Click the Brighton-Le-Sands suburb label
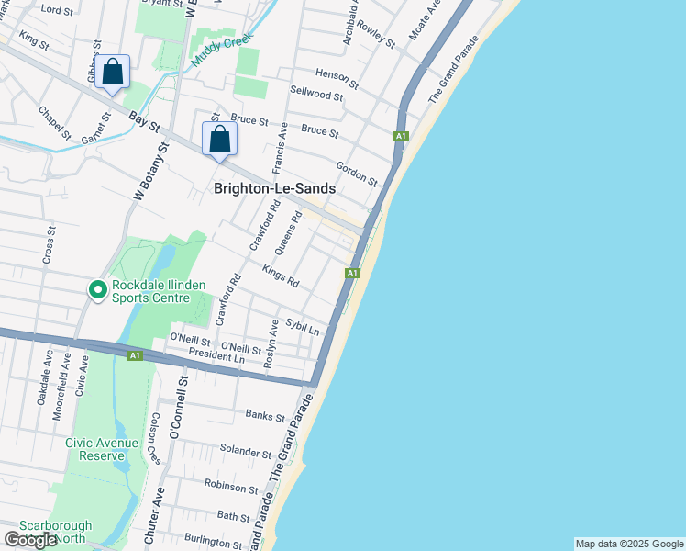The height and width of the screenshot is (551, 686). click(274, 188)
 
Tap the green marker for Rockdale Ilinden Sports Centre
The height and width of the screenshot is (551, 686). click(98, 290)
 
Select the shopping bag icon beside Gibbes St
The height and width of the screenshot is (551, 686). click(113, 72)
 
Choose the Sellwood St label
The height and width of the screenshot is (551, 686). click(316, 92)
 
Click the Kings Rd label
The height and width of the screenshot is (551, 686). click(281, 275)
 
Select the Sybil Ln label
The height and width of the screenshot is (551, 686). click(303, 326)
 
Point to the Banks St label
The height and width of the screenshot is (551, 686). click(266, 415)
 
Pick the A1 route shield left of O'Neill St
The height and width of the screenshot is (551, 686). click(135, 354)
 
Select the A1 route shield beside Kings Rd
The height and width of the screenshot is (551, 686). click(351, 273)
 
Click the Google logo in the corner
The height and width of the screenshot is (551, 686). click(30, 539)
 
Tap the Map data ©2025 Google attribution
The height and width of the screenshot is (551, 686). click(629, 544)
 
